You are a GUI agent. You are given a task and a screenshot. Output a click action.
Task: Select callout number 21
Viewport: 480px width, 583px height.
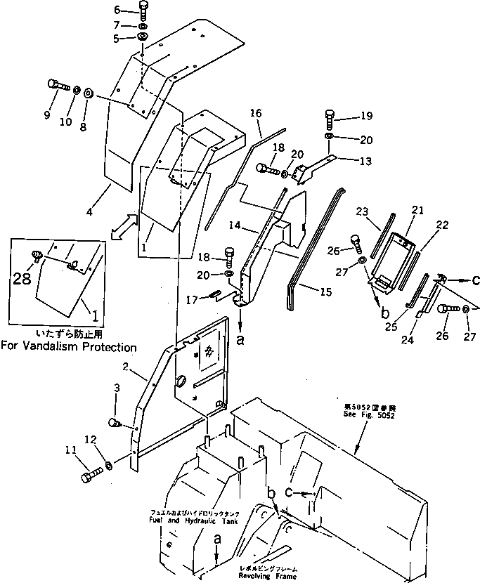[x=417, y=210]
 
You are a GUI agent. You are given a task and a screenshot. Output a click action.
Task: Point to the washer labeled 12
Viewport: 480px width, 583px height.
[x=109, y=466]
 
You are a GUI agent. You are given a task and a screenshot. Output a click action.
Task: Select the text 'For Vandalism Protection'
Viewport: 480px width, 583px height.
[x=69, y=346]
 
